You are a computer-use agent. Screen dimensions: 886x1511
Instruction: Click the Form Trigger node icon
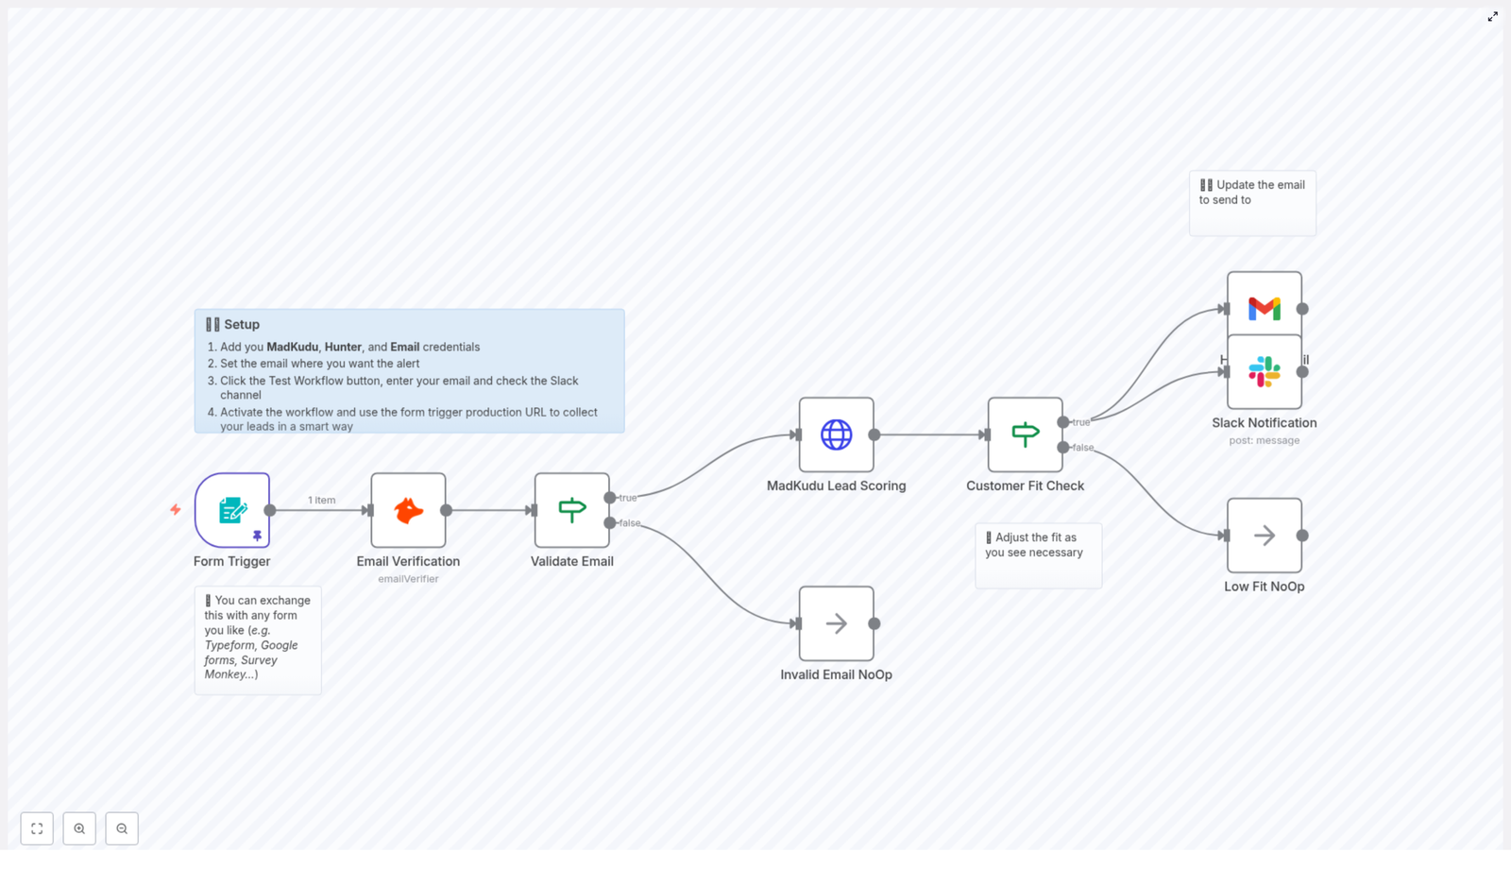231,510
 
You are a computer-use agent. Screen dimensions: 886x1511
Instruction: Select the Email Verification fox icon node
408,510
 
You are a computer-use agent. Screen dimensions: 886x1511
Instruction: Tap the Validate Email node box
571,510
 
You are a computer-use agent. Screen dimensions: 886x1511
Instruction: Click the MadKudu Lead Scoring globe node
836,434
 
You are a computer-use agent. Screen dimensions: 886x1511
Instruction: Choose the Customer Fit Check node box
1025,434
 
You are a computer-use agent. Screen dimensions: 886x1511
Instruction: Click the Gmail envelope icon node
1264,307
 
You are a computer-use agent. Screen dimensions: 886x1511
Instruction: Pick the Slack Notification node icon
1264,372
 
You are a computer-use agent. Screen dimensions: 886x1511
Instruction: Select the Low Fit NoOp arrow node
1264,536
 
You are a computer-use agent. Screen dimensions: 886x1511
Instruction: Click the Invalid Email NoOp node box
836,623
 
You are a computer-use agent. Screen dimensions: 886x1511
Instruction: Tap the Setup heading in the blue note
242,324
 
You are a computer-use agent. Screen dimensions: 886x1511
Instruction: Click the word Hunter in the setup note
343,347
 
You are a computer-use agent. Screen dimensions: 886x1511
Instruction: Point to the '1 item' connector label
321,500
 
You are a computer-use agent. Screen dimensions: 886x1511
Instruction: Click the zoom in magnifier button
79,828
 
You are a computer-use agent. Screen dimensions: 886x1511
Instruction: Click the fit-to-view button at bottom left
37,828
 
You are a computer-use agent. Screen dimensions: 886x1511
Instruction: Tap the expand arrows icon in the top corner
1492,17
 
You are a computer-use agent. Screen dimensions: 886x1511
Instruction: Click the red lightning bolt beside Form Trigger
176,510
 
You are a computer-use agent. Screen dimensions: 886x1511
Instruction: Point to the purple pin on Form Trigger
257,536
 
